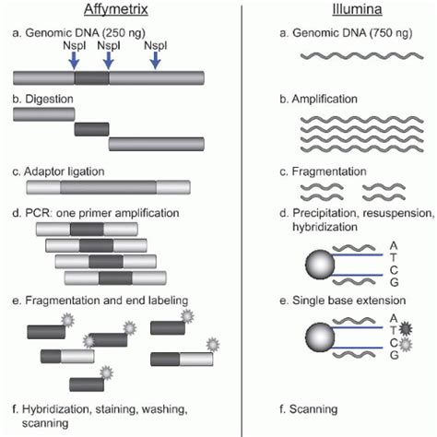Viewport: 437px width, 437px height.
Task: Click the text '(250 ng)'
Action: point(128,33)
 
